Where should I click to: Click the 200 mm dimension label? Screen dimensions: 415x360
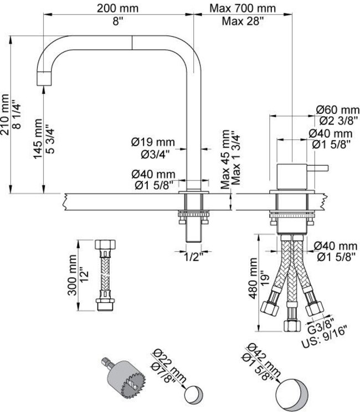(x=118, y=8)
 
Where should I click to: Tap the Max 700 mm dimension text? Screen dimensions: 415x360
(x=243, y=8)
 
